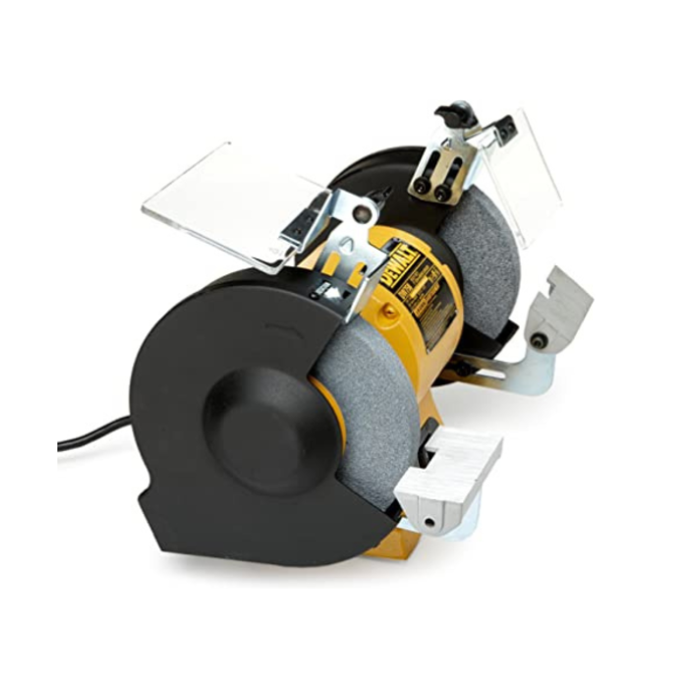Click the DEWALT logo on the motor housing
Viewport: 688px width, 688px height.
point(403,266)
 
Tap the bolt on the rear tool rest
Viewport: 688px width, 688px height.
point(539,340)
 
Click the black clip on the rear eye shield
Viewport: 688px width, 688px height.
point(504,127)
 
